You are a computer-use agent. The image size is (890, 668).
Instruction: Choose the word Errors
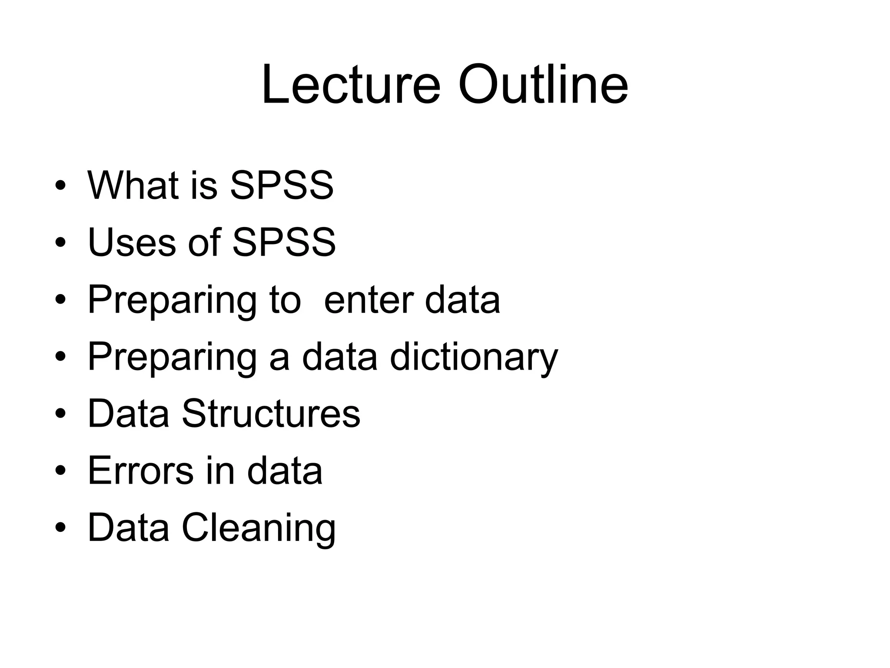pos(140,471)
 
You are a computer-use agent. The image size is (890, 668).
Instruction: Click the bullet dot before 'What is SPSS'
pos(60,187)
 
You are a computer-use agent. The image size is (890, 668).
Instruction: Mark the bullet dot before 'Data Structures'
pos(60,414)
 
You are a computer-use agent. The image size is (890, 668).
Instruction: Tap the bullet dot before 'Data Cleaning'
pos(60,528)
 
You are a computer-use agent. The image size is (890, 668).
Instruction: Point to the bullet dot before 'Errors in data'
pos(60,471)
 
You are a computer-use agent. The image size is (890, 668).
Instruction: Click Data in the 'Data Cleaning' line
pos(128,528)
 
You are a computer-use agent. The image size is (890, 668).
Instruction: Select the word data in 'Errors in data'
pos(285,471)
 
